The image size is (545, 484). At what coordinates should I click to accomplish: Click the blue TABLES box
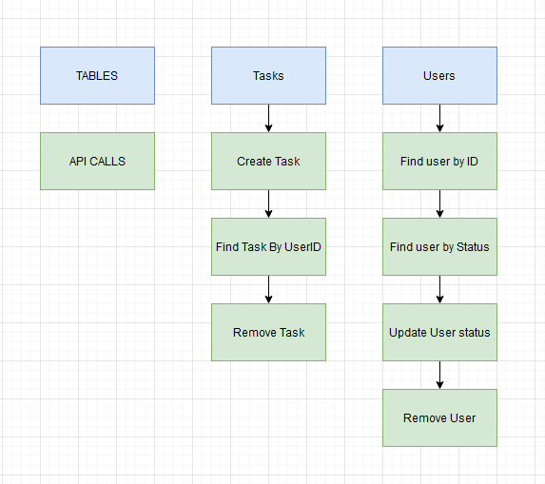point(97,75)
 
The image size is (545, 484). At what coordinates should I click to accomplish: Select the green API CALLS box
point(97,161)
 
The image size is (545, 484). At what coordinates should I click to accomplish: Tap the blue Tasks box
point(268,75)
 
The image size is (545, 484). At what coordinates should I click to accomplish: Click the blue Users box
point(439,75)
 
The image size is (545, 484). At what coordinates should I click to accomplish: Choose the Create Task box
point(268,161)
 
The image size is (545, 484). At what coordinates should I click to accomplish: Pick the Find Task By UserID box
point(268,246)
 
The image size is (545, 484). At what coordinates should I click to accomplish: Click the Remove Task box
point(268,332)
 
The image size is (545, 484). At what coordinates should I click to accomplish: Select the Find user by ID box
point(439,161)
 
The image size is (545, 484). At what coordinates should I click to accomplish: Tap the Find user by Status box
point(439,246)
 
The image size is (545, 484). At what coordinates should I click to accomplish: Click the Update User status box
point(439,332)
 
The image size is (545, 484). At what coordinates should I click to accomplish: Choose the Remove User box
point(439,417)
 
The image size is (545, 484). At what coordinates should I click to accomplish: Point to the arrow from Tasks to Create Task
point(268,118)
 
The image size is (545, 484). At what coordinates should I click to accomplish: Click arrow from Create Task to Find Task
point(268,203)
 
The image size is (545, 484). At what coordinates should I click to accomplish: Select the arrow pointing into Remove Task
point(268,289)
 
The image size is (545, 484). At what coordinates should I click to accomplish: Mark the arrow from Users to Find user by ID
point(439,118)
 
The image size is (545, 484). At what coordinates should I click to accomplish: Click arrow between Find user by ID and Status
point(439,203)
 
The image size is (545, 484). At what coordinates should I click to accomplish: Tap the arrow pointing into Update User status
point(439,289)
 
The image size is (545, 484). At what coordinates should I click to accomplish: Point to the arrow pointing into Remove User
point(439,375)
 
